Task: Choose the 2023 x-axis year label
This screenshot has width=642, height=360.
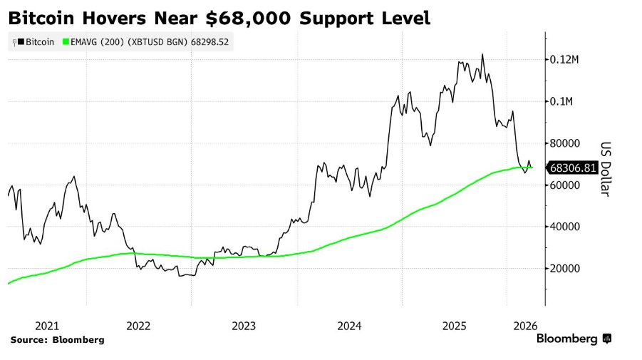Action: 244,325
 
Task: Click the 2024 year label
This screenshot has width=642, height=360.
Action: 349,325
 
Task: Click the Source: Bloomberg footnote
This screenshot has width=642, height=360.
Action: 58,340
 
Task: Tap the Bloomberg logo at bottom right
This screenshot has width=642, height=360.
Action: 574,339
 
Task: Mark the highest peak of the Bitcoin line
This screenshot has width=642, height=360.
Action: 482,54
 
